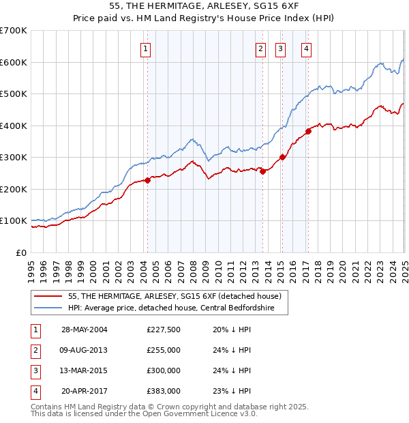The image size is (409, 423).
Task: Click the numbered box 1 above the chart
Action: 147,48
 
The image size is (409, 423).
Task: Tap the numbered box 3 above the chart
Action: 280,48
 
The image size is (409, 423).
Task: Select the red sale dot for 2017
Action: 308,132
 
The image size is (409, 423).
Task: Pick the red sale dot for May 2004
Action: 147,181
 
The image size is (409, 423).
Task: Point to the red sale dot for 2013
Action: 262,171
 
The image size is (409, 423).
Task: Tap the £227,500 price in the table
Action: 164,330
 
